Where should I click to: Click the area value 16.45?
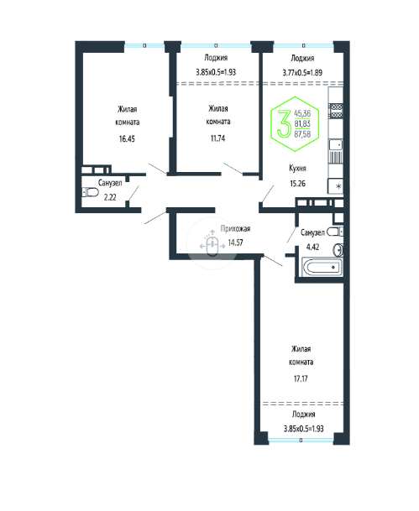(x=127, y=138)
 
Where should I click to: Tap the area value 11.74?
(x=217, y=138)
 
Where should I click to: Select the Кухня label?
(x=297, y=168)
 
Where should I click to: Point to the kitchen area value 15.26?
(x=298, y=184)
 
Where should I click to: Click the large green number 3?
(x=284, y=123)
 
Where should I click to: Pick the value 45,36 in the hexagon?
(x=302, y=113)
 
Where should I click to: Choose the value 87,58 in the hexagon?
(x=302, y=134)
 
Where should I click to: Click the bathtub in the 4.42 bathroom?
(x=322, y=267)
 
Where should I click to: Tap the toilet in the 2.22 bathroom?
(x=91, y=192)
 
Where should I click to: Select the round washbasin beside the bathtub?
(x=338, y=250)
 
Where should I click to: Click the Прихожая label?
(x=235, y=229)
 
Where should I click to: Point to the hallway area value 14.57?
(x=235, y=242)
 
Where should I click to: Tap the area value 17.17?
(x=301, y=378)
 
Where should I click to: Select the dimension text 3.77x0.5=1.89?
(x=302, y=72)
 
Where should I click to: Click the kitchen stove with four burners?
(x=336, y=110)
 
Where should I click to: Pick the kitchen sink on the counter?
(x=336, y=144)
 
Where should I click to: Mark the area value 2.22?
(x=110, y=197)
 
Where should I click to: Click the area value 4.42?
(x=312, y=247)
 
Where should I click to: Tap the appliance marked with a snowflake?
(x=336, y=186)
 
